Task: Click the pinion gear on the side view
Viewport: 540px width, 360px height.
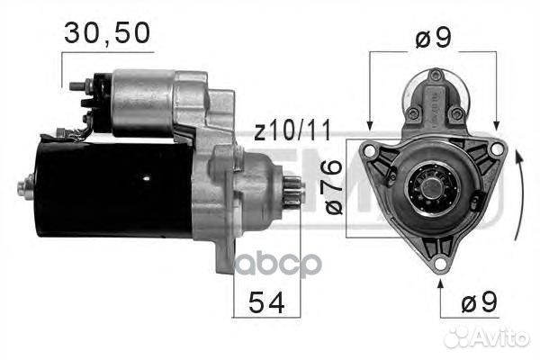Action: (292, 193)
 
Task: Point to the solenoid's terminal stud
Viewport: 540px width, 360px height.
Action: (76, 87)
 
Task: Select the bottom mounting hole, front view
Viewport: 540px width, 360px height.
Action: (438, 263)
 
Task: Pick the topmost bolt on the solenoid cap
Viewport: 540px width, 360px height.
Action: (436, 76)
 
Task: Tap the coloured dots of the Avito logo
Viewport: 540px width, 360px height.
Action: (459, 337)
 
